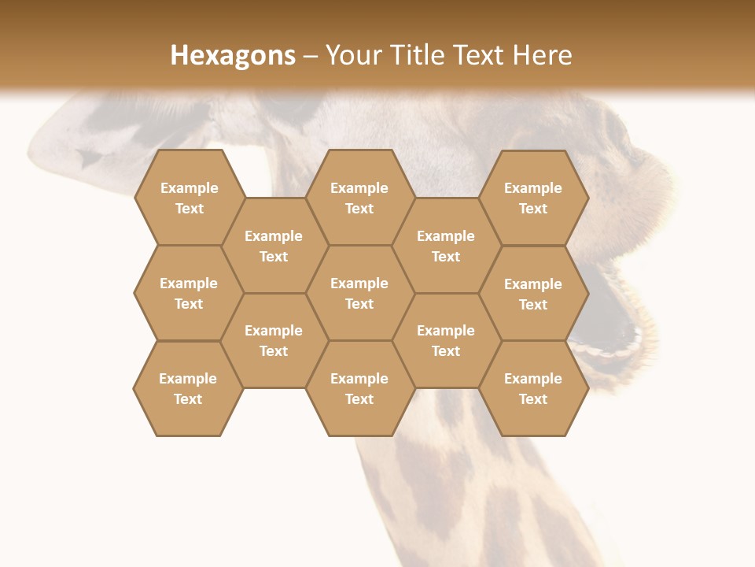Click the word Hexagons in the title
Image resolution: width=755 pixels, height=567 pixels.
pyautogui.click(x=233, y=55)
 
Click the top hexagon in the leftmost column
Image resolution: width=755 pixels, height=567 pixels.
pyautogui.click(x=189, y=198)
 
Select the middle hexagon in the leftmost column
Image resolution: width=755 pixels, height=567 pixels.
pyautogui.click(x=189, y=293)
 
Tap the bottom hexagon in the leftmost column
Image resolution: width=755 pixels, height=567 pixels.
pyautogui.click(x=188, y=388)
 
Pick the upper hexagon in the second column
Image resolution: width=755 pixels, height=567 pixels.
pyautogui.click(x=274, y=246)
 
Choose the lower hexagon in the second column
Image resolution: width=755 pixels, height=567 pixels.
pyautogui.click(x=274, y=340)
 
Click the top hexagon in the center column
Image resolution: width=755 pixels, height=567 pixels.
pyautogui.click(x=359, y=198)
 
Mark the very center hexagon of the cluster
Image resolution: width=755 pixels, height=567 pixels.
pyautogui.click(x=359, y=293)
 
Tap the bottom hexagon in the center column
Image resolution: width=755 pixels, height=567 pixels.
pyautogui.click(x=359, y=388)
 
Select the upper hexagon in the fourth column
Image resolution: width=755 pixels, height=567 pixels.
pyautogui.click(x=446, y=246)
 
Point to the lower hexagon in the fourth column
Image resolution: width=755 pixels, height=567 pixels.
pyautogui.click(x=446, y=340)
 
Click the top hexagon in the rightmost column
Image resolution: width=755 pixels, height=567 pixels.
pyautogui.click(x=533, y=198)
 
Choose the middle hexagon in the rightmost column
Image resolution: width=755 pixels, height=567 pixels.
pyautogui.click(x=533, y=294)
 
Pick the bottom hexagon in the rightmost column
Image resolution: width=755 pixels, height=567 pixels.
pyautogui.click(x=533, y=388)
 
